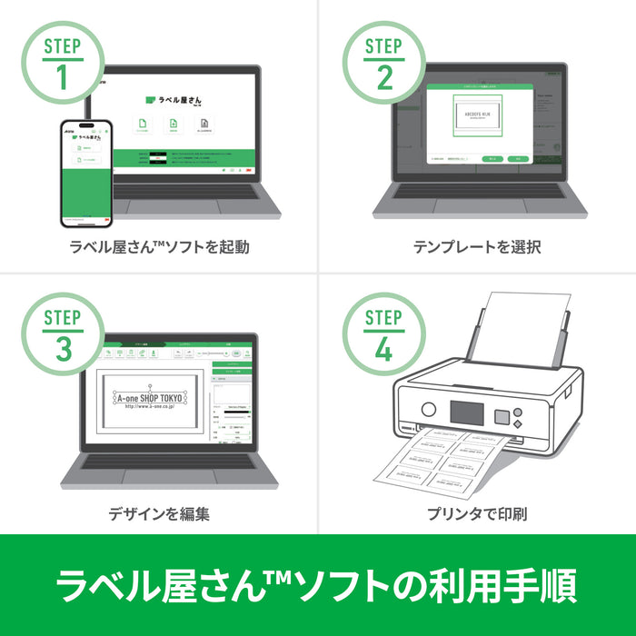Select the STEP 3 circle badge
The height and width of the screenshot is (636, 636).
pyautogui.click(x=62, y=333)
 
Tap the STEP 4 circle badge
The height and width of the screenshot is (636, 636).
pyautogui.click(x=384, y=333)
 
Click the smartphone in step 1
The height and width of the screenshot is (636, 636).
pyautogui.click(x=86, y=173)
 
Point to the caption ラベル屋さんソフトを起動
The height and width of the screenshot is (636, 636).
pyautogui.click(x=159, y=247)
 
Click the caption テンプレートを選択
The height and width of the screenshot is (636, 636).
pyautogui.click(x=477, y=247)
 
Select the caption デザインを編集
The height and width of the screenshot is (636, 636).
pyautogui.click(x=159, y=513)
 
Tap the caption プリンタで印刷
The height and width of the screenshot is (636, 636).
pyautogui.click(x=477, y=513)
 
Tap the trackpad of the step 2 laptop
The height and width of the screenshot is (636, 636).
pyautogui.click(x=477, y=205)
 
